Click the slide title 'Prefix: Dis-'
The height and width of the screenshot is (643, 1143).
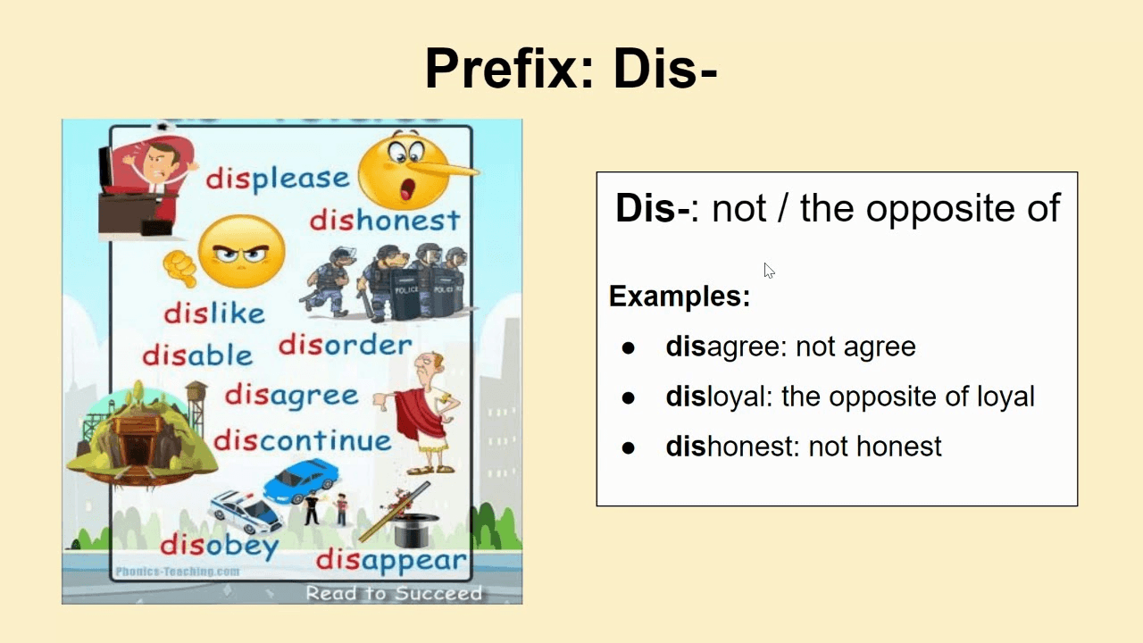click(x=571, y=69)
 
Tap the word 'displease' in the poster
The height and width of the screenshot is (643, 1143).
click(x=278, y=179)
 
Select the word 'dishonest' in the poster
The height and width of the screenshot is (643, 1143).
click(x=385, y=221)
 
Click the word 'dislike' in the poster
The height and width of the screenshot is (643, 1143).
click(x=214, y=313)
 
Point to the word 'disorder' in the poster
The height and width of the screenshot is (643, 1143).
click(x=346, y=346)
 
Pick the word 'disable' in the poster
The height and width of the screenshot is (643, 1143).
click(x=197, y=355)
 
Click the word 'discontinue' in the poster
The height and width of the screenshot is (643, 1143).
click(x=303, y=440)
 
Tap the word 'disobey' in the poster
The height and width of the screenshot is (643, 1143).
click(x=220, y=546)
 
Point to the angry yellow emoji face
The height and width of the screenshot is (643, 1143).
click(x=241, y=252)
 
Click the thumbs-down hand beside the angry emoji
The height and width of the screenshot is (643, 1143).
click(x=179, y=269)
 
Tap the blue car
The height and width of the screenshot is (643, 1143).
click(x=301, y=480)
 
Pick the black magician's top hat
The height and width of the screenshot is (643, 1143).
click(x=416, y=530)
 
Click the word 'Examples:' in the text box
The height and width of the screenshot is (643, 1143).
click(x=680, y=296)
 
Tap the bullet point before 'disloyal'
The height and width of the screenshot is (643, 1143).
click(x=628, y=397)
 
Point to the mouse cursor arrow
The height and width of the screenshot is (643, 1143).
click(x=769, y=271)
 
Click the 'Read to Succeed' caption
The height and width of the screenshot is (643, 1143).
click(x=394, y=593)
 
